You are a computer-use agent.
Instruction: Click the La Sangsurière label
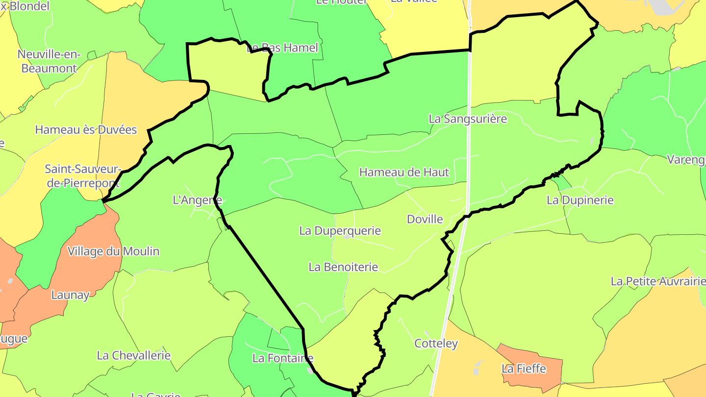point(467,119)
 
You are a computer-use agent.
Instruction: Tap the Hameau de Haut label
point(404,172)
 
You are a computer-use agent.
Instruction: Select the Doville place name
point(425,219)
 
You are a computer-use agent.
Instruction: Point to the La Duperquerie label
point(340,230)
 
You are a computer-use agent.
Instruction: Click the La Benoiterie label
point(343,267)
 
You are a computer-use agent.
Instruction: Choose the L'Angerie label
point(197,200)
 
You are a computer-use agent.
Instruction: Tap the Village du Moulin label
point(113,251)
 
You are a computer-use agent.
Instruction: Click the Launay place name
point(71,295)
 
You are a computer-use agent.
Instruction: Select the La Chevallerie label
point(133,355)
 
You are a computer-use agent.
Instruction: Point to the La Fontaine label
point(282,358)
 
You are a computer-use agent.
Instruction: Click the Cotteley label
point(436,344)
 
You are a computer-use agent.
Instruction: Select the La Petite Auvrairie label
point(657,281)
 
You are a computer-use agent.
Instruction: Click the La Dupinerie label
point(580,200)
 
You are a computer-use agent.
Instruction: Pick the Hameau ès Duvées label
point(86,130)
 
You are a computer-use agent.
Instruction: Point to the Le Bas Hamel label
point(282,48)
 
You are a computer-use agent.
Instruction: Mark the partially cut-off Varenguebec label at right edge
point(686,160)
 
